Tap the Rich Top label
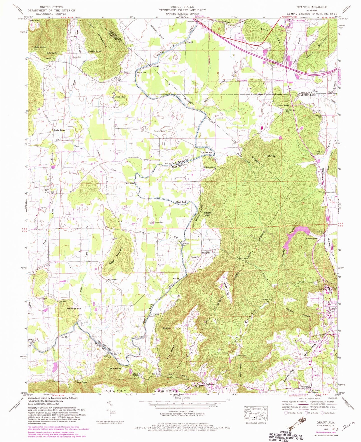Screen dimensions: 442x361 (271, 156)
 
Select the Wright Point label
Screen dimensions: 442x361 (207, 214)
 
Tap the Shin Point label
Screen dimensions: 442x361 (115, 369)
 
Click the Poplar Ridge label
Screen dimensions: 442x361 (59, 130)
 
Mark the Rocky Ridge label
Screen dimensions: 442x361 (283, 106)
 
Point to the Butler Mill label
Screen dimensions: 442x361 (207, 152)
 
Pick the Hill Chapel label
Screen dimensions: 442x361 (112, 279)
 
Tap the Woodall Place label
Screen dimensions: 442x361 (312, 239)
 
